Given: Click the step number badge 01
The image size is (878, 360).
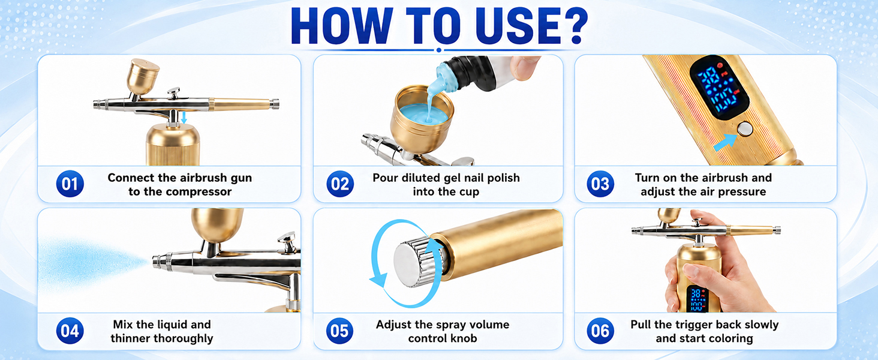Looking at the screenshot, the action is tap(70, 184).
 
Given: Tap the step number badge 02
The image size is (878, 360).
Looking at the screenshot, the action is tap(340, 184).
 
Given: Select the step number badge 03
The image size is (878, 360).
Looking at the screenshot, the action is tap(600, 184).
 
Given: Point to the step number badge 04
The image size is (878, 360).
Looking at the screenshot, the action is tap(70, 331).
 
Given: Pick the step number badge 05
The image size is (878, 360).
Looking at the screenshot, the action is tap(339, 331).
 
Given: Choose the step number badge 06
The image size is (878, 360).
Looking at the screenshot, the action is tap(600, 331).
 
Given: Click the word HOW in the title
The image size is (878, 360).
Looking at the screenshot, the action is tap(342, 25).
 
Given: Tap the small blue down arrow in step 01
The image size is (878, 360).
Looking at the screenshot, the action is tap(184, 117).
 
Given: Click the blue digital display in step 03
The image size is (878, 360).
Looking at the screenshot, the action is tap(719, 87).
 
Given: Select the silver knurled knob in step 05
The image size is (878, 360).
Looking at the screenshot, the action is tap(418, 263).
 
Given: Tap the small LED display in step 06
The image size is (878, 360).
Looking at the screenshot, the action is tap(698, 299).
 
